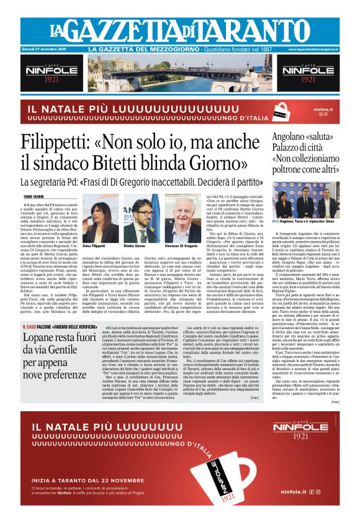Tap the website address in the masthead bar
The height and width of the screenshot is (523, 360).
313,49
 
